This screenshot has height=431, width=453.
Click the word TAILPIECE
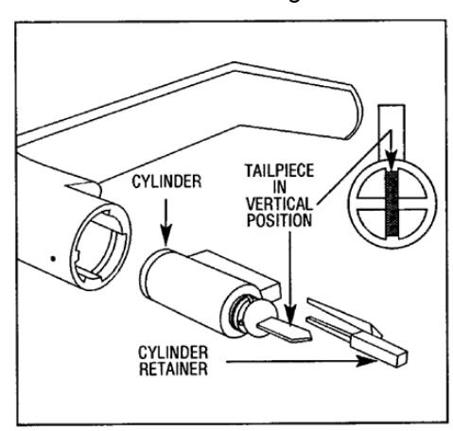tap(280, 171)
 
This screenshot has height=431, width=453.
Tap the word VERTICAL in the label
tap(279, 204)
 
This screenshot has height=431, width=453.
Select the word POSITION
tap(279, 220)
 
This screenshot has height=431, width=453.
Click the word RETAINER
tap(173, 369)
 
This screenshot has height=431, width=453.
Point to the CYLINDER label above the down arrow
tap(166, 181)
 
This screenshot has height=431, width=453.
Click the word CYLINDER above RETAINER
tap(173, 353)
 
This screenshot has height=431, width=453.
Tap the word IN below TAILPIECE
tap(280, 187)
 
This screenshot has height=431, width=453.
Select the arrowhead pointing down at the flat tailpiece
tap(290, 314)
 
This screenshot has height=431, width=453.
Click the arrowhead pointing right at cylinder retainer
tap(366, 361)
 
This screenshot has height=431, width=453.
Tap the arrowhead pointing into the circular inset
tap(392, 161)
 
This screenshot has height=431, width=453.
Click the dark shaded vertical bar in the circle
tap(392, 204)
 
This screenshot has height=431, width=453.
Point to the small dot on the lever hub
tap(53, 259)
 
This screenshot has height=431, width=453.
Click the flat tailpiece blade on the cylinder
tap(285, 331)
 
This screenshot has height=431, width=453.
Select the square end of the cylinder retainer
tap(401, 358)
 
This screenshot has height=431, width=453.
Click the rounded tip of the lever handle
tap(356, 112)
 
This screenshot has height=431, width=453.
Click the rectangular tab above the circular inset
tap(392, 132)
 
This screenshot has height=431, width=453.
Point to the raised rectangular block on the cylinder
tap(237, 271)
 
